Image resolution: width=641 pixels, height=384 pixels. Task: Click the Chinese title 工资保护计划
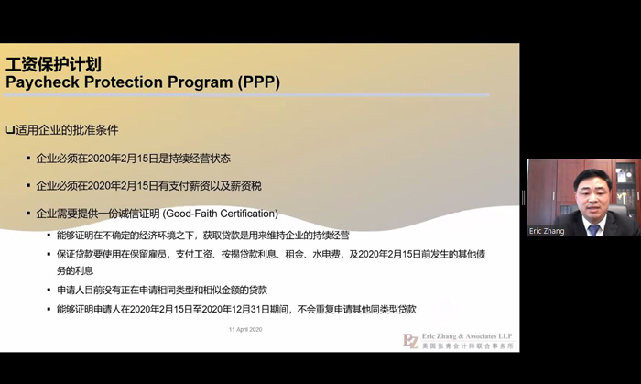pos(53,64)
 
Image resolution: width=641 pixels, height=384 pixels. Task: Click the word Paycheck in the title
pos(42,82)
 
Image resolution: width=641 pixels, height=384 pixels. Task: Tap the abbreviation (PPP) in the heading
pos(259,82)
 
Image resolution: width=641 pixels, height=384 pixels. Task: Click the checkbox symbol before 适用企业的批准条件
pos(10,130)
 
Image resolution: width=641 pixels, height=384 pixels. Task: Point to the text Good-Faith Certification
pos(222,214)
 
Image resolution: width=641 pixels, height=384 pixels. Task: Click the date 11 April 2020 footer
pos(245,329)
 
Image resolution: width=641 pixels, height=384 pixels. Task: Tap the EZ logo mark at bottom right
pos(411,341)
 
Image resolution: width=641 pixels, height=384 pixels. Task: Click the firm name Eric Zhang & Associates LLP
pos(467,336)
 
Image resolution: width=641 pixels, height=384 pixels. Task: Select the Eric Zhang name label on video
pos(547,231)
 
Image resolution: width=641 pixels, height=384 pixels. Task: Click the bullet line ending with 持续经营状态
pos(134,159)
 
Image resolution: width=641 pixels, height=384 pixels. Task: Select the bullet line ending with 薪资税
pos(148,186)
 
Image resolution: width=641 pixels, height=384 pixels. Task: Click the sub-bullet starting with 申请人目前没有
pos(162,290)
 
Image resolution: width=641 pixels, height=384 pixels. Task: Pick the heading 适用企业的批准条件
pos(67,130)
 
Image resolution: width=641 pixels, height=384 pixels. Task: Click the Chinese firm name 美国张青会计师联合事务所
pos(468,346)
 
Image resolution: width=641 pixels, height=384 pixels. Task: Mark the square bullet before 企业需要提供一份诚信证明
pos(28,214)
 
